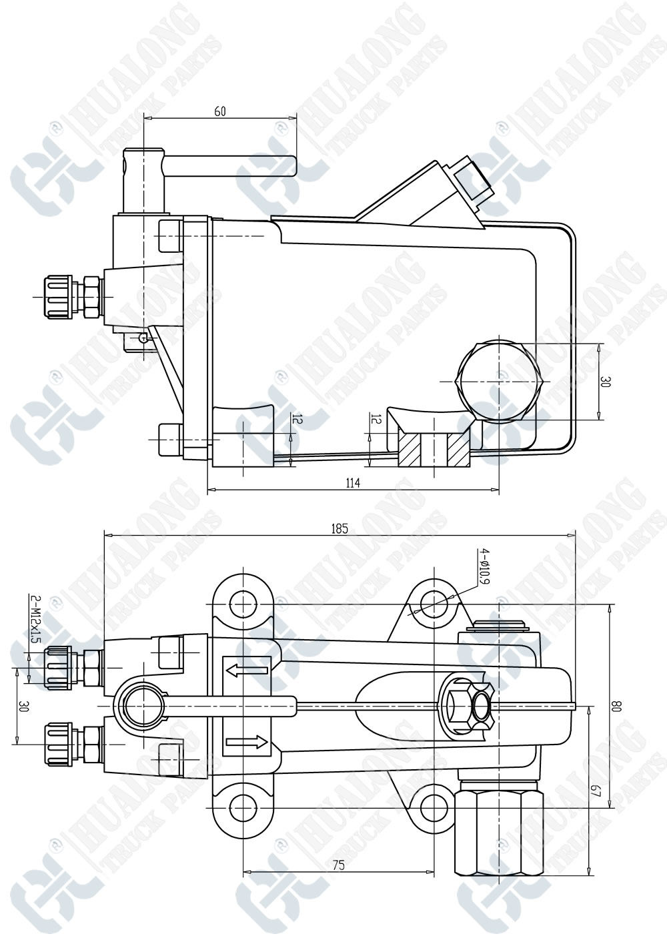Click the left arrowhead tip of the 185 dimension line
(x=103, y=535)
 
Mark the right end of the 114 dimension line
(x=499, y=489)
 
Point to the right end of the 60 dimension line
(x=296, y=117)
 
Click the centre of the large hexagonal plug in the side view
(x=500, y=381)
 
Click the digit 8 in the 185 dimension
(x=340, y=528)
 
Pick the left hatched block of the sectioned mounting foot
(x=409, y=449)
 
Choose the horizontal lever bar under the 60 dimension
(x=230, y=165)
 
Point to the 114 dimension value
(x=353, y=482)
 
